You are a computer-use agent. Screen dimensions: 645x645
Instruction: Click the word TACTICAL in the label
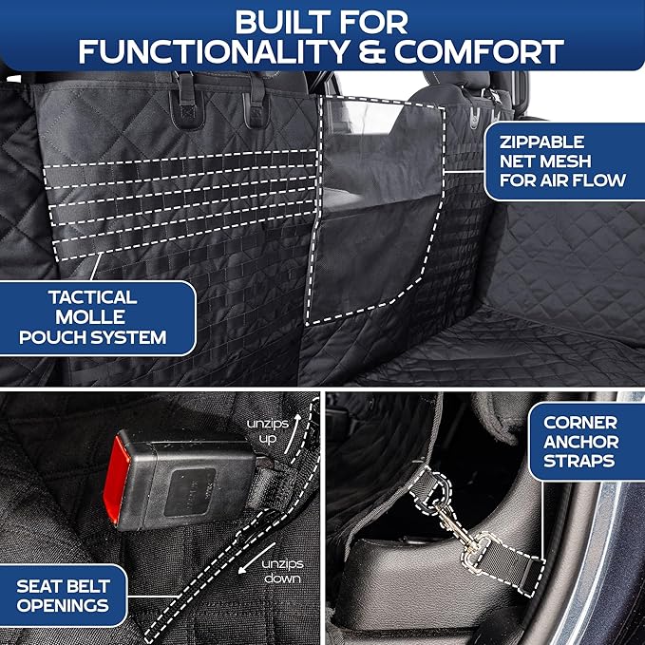pos(94,296)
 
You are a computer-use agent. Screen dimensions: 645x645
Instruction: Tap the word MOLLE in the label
pos(94,316)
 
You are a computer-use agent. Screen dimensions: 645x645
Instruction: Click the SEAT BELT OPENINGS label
pos(63,595)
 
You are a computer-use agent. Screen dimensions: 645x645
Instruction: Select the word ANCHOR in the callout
pos(580,442)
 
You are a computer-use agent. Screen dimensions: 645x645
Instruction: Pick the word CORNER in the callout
pos(580,422)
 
